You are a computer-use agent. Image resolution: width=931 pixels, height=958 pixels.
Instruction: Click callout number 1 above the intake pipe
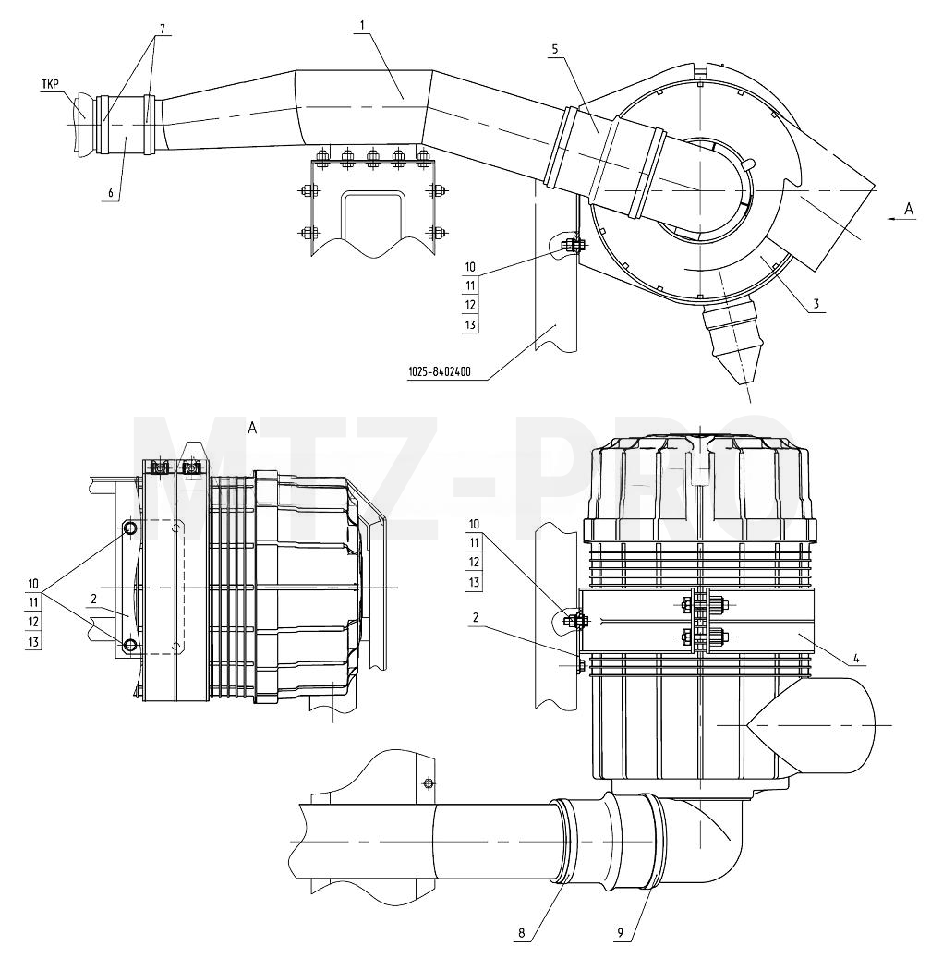(x=362, y=26)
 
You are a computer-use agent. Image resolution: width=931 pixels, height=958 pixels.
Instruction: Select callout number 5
(x=555, y=50)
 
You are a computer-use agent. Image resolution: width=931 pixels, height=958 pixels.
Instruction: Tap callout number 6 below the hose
(x=111, y=192)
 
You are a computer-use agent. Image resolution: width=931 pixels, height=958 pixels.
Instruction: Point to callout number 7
(x=163, y=28)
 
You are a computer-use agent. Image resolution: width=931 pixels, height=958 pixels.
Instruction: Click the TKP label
(x=51, y=84)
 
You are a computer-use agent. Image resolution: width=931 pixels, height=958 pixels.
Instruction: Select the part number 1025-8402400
(x=440, y=371)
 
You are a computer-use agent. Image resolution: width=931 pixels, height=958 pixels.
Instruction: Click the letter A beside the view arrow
(x=909, y=209)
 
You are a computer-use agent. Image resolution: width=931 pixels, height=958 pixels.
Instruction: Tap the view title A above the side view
(x=252, y=429)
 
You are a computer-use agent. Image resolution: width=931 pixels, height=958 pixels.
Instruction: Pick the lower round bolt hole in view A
(x=129, y=645)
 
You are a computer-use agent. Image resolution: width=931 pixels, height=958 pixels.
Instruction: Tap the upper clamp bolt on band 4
(x=703, y=606)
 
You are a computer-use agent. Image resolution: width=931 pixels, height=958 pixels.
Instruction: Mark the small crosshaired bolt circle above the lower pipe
(x=428, y=782)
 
